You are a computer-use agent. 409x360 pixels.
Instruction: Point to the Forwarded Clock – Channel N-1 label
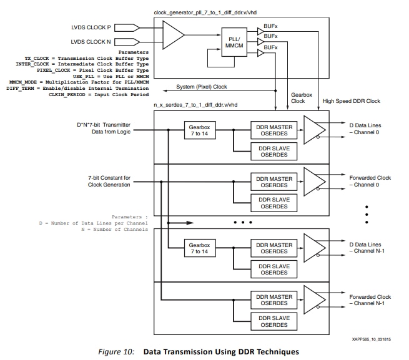click(370, 300)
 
